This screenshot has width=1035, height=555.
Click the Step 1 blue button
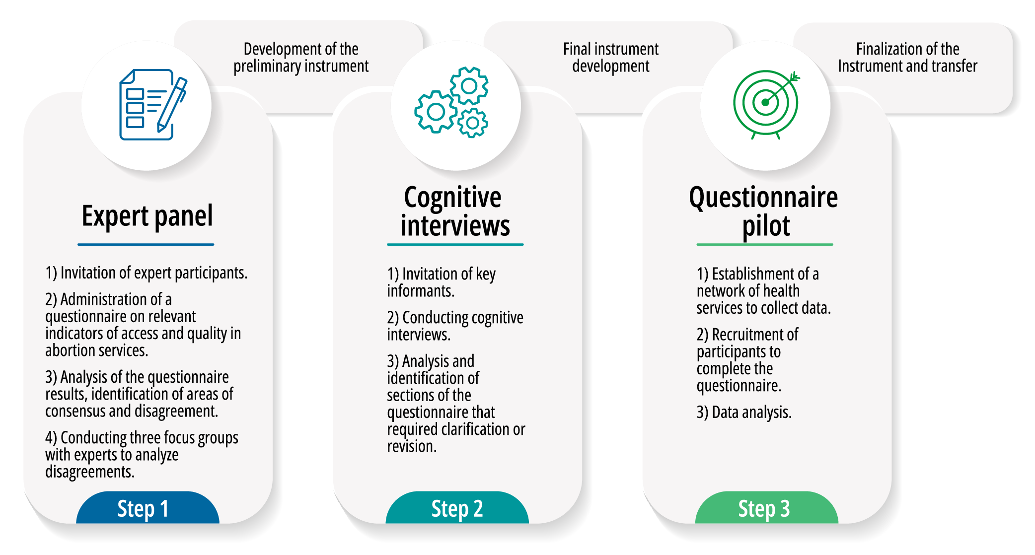pyautogui.click(x=148, y=508)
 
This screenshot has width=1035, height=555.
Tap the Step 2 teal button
pyautogui.click(x=457, y=508)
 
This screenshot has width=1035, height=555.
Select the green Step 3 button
pyautogui.click(x=766, y=508)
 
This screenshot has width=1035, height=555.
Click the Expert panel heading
pyautogui.click(x=147, y=216)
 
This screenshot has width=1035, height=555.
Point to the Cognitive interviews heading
pyautogui.click(x=454, y=211)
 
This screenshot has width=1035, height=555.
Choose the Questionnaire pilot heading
pyautogui.click(x=764, y=211)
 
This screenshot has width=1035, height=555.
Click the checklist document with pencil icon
pyautogui.click(x=152, y=104)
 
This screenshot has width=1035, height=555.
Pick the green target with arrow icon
pyautogui.click(x=766, y=103)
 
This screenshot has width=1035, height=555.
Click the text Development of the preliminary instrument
pyautogui.click(x=301, y=58)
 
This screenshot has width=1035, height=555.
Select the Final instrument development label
pyautogui.click(x=610, y=58)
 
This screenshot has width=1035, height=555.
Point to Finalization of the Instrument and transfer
pyautogui.click(x=907, y=58)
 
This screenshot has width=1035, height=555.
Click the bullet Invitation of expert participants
pyautogui.click(x=147, y=273)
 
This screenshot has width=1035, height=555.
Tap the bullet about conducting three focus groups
pyautogui.click(x=141, y=454)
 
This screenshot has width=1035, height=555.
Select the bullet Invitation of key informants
pyautogui.click(x=441, y=282)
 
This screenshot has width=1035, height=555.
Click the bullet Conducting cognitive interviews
pyautogui.click(x=455, y=326)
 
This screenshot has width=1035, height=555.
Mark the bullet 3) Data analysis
pyautogui.click(x=743, y=412)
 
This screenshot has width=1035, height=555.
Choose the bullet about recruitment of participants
pyautogui.click(x=747, y=360)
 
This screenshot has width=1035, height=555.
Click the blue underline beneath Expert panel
pyautogui.click(x=146, y=244)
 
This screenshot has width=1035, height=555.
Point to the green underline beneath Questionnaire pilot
pyautogui.click(x=764, y=244)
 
